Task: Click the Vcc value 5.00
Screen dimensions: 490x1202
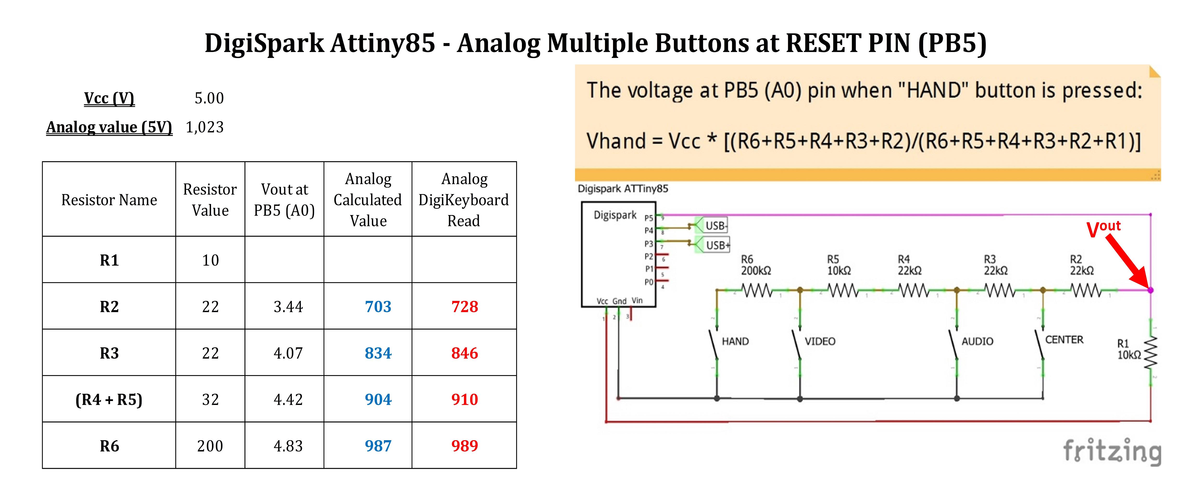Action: coord(209,98)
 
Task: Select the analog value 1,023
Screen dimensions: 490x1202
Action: coord(205,127)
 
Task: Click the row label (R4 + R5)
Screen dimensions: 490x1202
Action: coord(109,399)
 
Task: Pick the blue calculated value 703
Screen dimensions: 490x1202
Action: coord(378,306)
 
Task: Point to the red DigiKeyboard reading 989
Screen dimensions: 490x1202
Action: coord(464,446)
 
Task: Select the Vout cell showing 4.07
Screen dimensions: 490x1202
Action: coord(288,353)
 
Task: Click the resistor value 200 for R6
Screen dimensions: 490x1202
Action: coord(210,446)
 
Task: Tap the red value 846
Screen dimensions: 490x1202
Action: coord(464,353)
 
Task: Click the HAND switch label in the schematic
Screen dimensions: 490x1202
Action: coord(735,341)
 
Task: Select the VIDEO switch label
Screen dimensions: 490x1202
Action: coord(820,341)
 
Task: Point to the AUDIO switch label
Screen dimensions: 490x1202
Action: coord(977,341)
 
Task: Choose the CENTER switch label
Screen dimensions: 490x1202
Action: coord(1064,340)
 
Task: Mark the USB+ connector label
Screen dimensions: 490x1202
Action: coord(717,245)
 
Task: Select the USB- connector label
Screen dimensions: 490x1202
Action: coord(716,226)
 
